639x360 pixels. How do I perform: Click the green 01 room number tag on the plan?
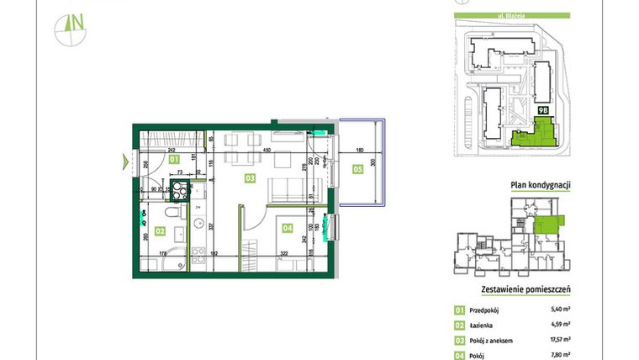pyautogui.click(x=174, y=158)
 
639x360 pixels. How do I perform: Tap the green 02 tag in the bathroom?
pyautogui.click(x=161, y=227)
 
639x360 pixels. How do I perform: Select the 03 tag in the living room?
pyautogui.click(x=250, y=178)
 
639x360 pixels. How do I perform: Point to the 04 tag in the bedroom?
pyautogui.click(x=287, y=227)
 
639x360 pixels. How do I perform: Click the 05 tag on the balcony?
pyautogui.click(x=358, y=168)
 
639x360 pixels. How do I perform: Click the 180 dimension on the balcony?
pyautogui.click(x=358, y=151)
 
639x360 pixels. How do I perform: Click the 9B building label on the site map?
pyautogui.click(x=543, y=109)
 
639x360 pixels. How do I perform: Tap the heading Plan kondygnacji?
pyautogui.click(x=541, y=186)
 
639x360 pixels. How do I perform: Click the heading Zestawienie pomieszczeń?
pyautogui.click(x=525, y=289)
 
